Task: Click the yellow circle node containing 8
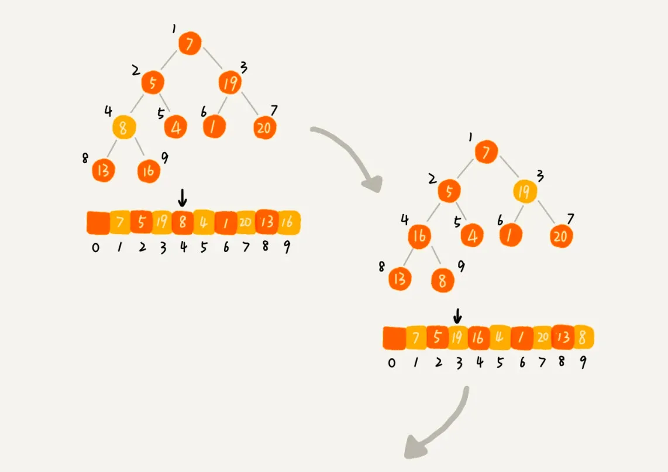[123, 127]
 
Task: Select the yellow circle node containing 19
[525, 191]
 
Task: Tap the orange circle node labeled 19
[230, 83]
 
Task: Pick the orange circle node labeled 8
[443, 281]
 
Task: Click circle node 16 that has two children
[420, 236]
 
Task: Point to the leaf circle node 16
[149, 171]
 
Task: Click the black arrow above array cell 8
[183, 199]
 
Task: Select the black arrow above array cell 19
[457, 316]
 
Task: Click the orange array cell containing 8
[183, 222]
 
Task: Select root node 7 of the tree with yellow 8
[190, 43]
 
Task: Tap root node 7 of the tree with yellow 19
[486, 152]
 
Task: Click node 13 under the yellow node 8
[104, 170]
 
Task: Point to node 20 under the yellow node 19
[561, 236]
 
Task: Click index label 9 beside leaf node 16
[165, 156]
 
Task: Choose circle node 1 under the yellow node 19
[511, 236]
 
